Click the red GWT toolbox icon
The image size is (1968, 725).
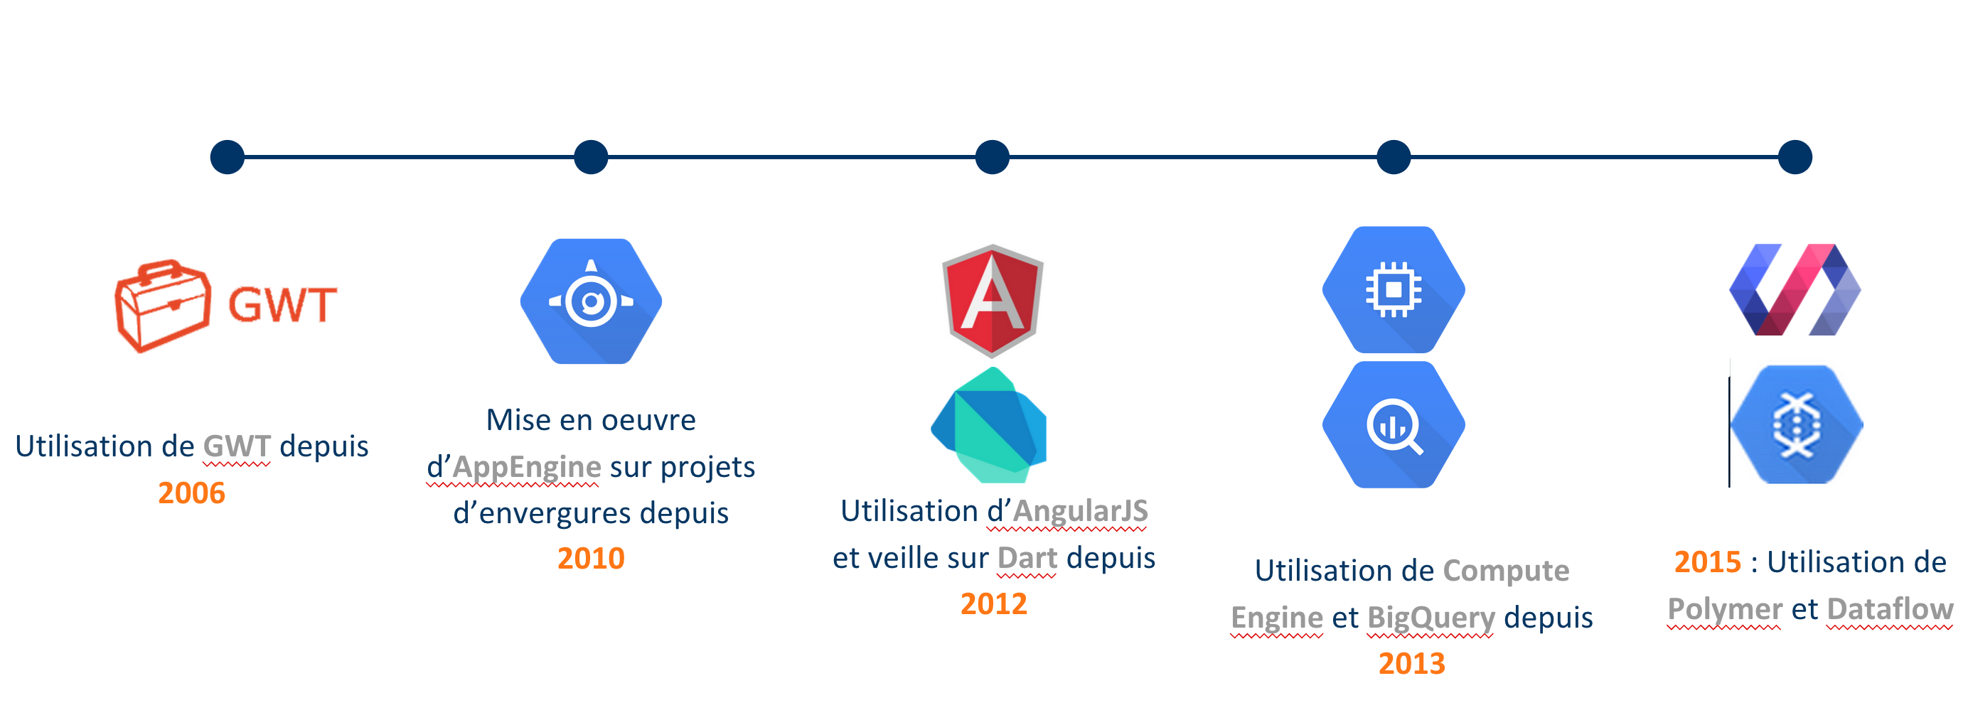[x=163, y=306]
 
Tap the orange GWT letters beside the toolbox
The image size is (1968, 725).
[x=282, y=306]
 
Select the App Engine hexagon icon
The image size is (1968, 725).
[x=591, y=301]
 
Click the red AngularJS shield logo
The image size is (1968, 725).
[x=993, y=301]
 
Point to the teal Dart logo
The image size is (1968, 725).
[x=988, y=425]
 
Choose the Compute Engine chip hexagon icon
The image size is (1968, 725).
[x=1394, y=289]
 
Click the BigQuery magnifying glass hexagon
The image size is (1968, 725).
[x=1394, y=425]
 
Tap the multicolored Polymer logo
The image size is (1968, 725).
[x=1795, y=289]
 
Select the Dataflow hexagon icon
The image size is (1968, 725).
[x=1796, y=425]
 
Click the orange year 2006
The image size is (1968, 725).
[x=191, y=493]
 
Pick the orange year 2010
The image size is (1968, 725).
[x=591, y=559]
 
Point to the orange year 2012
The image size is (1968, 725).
[x=993, y=604]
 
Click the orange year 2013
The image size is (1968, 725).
[x=1411, y=664]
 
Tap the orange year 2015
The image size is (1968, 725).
[x=1708, y=562]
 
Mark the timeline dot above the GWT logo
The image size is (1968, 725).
[x=227, y=157]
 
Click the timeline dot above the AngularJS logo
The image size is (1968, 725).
[x=993, y=157]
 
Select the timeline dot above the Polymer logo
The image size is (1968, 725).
[x=1795, y=157]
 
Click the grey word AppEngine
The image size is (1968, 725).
[x=526, y=468]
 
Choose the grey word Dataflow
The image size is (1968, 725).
[x=1890, y=609]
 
